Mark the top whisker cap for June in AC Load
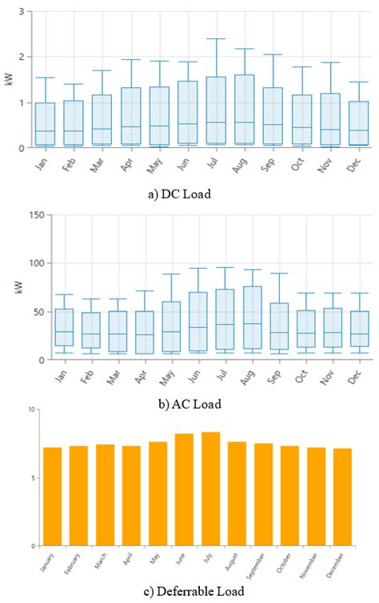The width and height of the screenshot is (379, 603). pyautogui.click(x=198, y=269)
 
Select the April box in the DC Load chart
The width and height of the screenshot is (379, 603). pyautogui.click(x=131, y=117)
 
